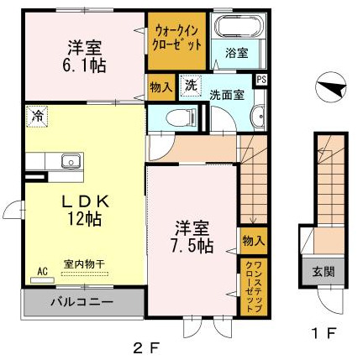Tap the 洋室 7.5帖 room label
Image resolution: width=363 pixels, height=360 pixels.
click(193, 236)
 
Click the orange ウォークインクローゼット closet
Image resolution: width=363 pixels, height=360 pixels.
click(176, 39)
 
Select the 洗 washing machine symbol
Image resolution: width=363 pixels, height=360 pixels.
click(192, 84)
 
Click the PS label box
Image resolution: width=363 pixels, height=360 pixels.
click(260, 80)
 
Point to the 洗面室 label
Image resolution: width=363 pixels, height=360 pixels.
click(227, 95)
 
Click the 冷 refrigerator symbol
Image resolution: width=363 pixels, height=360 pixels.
click(37, 116)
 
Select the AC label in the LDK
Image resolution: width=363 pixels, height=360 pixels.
click(42, 271)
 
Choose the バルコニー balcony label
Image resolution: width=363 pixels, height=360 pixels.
click(81, 300)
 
